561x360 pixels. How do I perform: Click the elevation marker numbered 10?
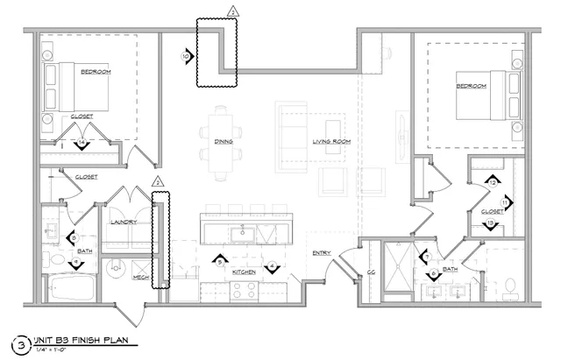186,55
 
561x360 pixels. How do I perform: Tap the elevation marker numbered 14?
82,142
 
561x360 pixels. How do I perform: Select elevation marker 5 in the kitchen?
223,261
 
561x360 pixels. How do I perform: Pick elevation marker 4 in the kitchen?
272,265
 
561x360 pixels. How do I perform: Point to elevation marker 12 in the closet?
494,182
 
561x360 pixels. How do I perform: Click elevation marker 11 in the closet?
505,202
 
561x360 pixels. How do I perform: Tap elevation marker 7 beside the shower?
424,257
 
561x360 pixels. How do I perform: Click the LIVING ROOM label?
331,141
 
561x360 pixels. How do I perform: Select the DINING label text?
223,141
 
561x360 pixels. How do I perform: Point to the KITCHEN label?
245,272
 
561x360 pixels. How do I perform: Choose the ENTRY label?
321,254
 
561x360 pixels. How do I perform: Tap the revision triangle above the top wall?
232,11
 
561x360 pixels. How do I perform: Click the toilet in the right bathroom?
510,285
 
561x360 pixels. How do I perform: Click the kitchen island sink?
242,232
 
